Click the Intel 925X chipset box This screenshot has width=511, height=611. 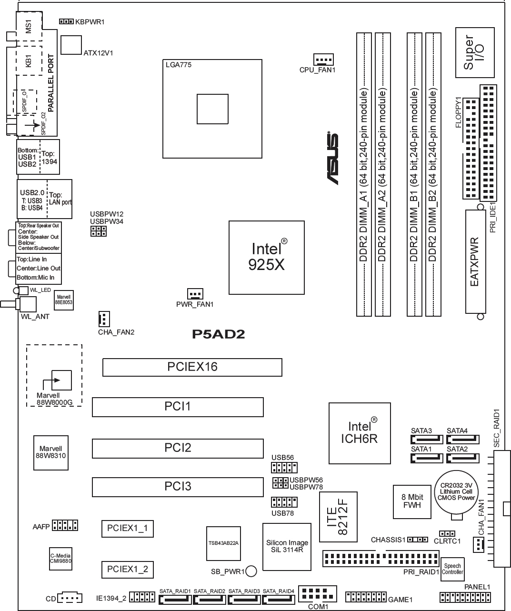[x=266, y=258]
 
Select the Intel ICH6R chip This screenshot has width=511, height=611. [x=360, y=433]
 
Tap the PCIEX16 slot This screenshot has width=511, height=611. [x=192, y=367]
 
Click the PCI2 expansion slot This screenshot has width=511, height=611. [x=178, y=448]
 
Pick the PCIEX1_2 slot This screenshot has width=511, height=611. [x=127, y=570]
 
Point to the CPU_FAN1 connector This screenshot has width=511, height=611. [x=323, y=60]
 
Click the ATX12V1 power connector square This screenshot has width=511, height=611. [x=71, y=45]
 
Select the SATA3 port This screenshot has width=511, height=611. [x=427, y=440]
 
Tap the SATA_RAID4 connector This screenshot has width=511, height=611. [x=278, y=600]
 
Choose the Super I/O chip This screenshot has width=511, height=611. [x=475, y=53]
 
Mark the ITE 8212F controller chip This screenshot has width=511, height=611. [x=338, y=517]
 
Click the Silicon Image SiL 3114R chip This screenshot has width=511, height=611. [x=287, y=547]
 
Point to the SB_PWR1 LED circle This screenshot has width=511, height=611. [x=251, y=571]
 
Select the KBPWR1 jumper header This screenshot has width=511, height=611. [x=66, y=21]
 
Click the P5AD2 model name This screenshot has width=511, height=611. [x=218, y=334]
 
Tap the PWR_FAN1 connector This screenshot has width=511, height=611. [x=195, y=294]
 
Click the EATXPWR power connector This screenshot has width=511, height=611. [x=476, y=261]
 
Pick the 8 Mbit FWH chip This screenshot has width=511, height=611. [x=412, y=501]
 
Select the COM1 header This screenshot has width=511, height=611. [x=317, y=593]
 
